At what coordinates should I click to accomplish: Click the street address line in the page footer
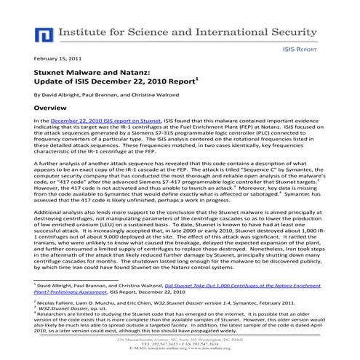(180, 340)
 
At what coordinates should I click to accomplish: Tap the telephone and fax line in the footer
(180, 345)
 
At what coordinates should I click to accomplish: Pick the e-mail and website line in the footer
(180, 350)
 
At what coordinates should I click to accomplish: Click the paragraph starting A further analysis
(180, 180)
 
